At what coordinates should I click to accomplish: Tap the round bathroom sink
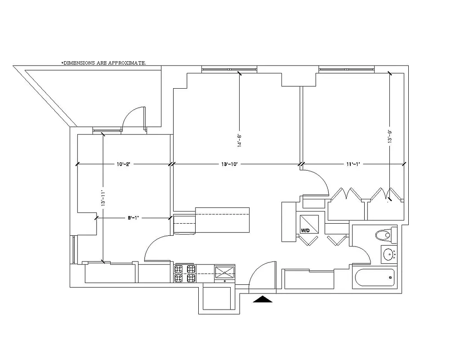click(388, 255)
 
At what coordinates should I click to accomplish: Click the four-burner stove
click(185, 274)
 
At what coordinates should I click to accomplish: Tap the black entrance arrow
click(263, 299)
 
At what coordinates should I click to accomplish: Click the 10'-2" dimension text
click(123, 164)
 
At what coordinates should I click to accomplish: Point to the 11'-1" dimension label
click(352, 164)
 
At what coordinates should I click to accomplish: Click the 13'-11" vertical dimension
click(103, 198)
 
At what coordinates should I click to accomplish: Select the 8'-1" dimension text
click(132, 218)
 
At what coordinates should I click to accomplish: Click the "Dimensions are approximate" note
click(103, 63)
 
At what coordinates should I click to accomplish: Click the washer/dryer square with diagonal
click(310, 222)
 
